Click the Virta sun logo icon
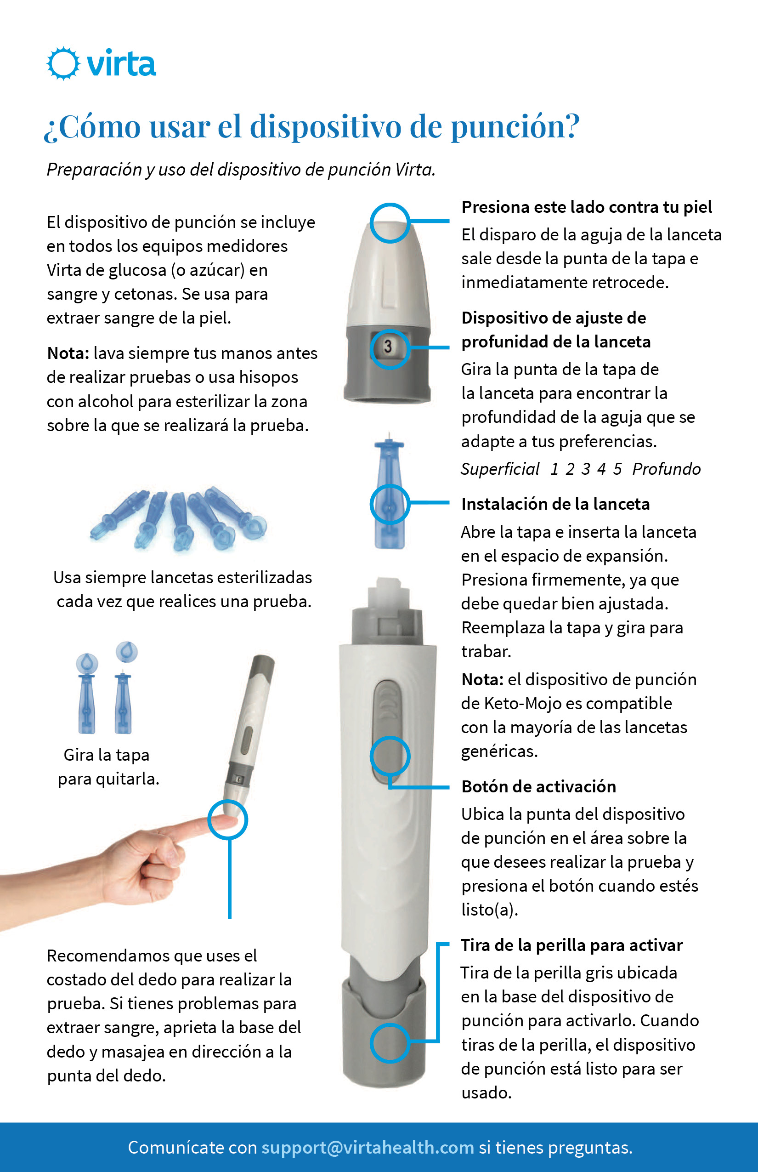[63, 63]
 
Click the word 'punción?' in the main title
[515, 127]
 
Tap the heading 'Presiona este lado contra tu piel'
[586, 207]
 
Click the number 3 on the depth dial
[388, 346]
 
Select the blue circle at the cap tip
[390, 223]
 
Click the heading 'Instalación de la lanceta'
[555, 504]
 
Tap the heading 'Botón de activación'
[538, 787]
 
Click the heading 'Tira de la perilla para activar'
[571, 945]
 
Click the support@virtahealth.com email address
[367, 1147]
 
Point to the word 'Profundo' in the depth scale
[666, 469]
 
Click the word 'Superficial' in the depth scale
[500, 469]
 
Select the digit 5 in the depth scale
[617, 469]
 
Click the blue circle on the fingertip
[227, 820]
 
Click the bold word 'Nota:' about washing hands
[68, 353]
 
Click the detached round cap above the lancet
[126, 652]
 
